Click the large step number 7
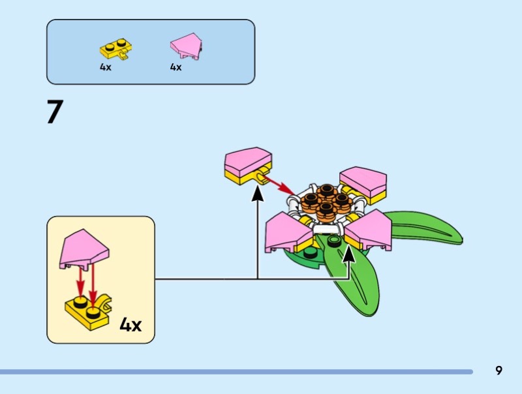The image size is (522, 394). pos(54,112)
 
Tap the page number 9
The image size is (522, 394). pos(499,371)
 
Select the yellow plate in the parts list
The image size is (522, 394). pos(117,49)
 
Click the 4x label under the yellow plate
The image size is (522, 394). pos(106,67)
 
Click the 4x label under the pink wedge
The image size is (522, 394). pos(176,67)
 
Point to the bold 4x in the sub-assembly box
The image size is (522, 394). pos(130,324)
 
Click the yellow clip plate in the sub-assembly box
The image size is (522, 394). pos(88,312)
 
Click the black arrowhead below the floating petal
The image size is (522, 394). pos(258,193)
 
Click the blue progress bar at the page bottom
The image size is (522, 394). pos(235,372)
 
